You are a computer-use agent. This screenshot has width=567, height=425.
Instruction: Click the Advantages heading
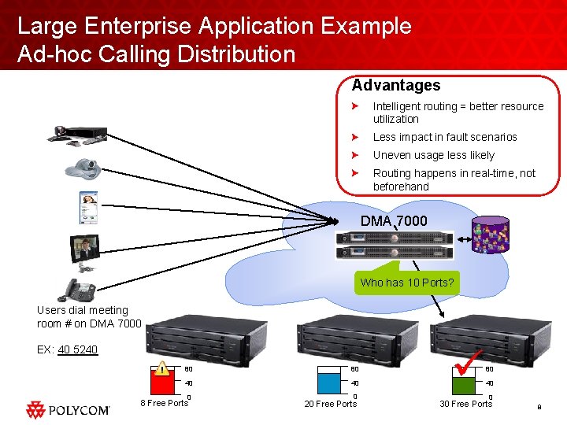[396, 85]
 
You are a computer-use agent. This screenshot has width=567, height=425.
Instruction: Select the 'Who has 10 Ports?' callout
[406, 283]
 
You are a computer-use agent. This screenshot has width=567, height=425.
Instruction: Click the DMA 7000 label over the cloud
[394, 221]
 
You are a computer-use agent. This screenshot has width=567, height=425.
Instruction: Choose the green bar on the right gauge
[461, 386]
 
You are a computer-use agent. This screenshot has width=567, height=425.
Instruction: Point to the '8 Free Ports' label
[164, 403]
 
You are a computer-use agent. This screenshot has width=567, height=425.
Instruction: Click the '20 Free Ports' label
[331, 404]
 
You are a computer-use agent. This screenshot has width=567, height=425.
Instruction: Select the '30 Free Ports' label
[465, 404]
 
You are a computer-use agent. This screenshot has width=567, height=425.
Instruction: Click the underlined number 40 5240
[78, 349]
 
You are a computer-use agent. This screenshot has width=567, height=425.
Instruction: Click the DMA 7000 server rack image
[395, 246]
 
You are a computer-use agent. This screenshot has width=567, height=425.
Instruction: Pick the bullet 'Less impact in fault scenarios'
[444, 137]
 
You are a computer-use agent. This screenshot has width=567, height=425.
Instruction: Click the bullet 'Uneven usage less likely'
[433, 155]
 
